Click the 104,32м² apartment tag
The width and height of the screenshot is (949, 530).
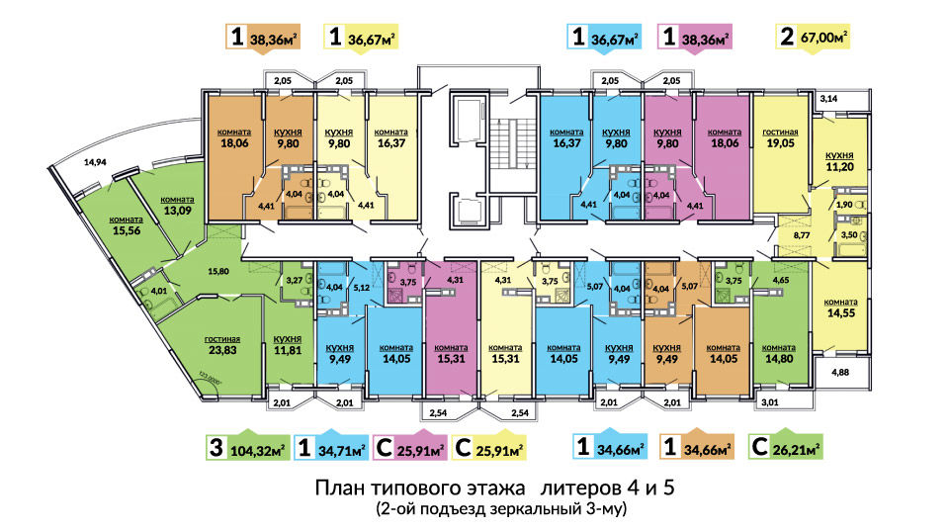pos(246,448)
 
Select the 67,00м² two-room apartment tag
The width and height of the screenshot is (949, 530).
pos(813,37)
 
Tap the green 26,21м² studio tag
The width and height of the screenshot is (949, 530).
pos(785,448)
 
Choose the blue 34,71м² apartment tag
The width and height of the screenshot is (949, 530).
pos(331,449)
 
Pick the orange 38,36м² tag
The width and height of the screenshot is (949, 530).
pos(263,38)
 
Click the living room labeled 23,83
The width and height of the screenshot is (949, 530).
pos(222,345)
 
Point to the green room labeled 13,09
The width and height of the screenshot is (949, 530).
pos(177,206)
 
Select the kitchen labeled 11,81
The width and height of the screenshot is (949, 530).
pos(288,345)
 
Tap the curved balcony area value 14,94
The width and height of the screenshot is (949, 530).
pos(95,162)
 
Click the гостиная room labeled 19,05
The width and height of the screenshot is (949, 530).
pos(780,138)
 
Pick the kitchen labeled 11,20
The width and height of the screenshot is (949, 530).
pos(839,162)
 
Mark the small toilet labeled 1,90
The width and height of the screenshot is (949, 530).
pos(843,205)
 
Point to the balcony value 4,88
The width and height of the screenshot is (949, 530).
pos(840,373)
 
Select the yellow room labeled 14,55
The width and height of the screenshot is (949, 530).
pos(840,308)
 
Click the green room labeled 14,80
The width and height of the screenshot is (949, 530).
pos(778,354)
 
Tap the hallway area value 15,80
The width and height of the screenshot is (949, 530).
pos(217,271)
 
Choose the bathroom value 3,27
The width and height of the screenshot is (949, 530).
pos(295,280)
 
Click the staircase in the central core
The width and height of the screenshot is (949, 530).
pos(512,144)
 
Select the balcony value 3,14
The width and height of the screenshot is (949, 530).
pos(828,98)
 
